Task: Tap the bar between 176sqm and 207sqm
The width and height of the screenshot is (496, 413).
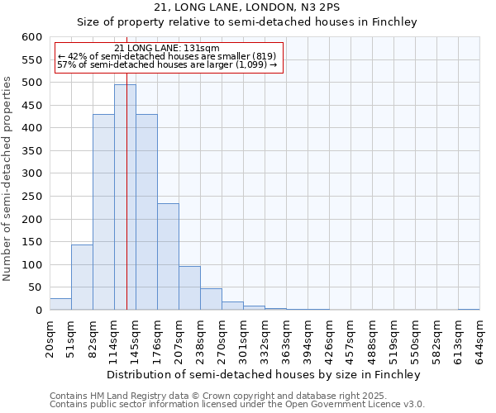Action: coord(168,257)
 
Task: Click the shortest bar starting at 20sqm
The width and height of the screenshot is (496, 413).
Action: coord(60,304)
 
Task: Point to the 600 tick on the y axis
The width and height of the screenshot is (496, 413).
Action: coord(31,37)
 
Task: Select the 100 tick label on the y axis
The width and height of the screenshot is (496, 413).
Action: coord(31,265)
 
